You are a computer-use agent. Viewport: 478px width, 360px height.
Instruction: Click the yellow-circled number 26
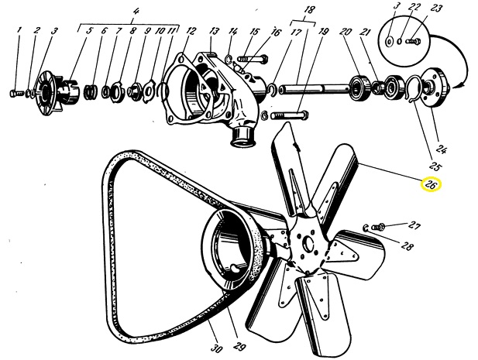431,185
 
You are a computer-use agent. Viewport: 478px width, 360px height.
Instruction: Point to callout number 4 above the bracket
136,12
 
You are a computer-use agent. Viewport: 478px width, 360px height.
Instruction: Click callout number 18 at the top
309,9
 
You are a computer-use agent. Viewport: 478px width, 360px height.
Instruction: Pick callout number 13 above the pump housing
215,31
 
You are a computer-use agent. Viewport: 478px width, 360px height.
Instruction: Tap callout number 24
442,149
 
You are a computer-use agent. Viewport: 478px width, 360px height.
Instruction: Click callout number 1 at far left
19,30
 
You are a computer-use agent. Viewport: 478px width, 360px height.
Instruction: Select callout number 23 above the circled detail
436,9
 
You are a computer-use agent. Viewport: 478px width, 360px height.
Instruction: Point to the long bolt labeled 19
289,115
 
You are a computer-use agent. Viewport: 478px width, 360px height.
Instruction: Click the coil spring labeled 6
91,91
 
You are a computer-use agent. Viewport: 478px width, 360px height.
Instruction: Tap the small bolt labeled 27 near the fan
378,227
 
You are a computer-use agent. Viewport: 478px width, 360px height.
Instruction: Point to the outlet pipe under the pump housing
243,136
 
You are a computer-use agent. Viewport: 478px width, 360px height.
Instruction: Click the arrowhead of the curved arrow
458,85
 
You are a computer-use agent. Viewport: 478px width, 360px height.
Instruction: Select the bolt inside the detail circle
414,40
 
